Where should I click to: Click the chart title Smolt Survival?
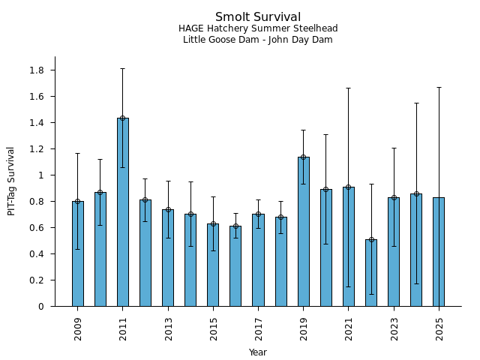click(258, 17)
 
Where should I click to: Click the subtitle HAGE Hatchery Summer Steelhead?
click(258, 28)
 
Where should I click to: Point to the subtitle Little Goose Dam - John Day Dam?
click(258, 40)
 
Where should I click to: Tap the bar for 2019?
click(303, 232)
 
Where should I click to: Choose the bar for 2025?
click(439, 252)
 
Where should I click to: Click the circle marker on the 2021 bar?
click(349, 187)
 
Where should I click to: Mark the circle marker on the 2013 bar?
click(168, 209)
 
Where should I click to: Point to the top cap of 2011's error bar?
click(123, 69)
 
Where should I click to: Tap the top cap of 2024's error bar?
click(416, 103)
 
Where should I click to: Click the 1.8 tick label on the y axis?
click(37, 70)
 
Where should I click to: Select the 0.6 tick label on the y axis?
click(37, 228)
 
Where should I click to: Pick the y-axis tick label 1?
click(42, 175)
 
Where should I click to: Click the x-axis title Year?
click(258, 352)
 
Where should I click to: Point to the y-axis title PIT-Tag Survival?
click(11, 181)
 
